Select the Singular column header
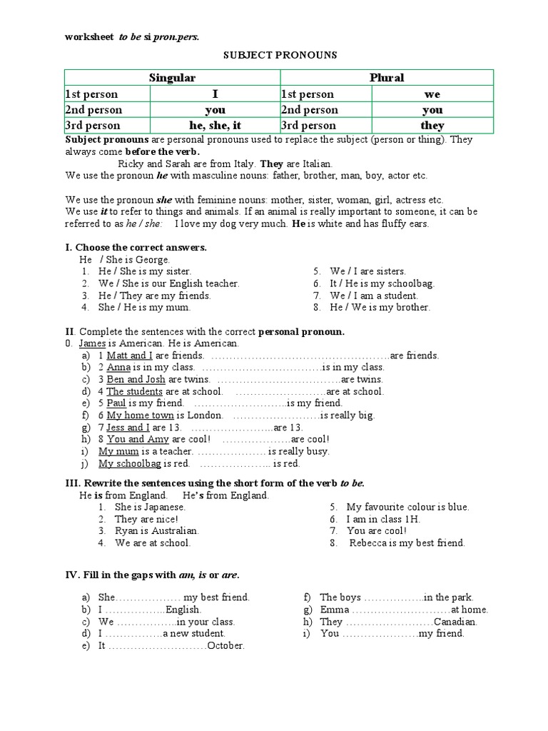tap(171, 78)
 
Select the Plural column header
tap(386, 78)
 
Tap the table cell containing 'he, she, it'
tap(215, 126)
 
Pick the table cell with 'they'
tap(432, 126)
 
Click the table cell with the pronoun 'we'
tap(432, 94)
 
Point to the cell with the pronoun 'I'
tap(215, 94)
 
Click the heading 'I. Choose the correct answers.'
tap(136, 247)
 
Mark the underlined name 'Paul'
tap(116, 403)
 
